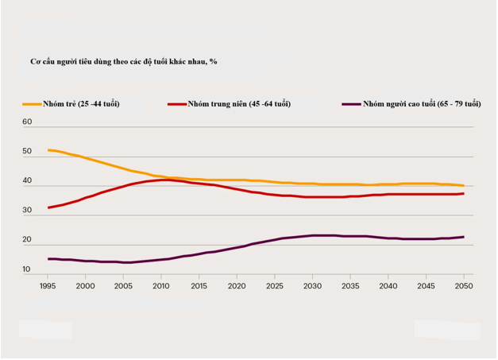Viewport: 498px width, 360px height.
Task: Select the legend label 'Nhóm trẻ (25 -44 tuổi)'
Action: coord(83,104)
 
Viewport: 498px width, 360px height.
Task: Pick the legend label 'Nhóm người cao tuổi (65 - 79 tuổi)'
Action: coord(421,104)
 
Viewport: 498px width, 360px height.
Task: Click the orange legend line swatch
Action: coord(32,104)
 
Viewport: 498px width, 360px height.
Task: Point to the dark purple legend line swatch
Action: coord(349,104)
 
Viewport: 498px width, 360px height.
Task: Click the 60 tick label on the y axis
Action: coord(27,122)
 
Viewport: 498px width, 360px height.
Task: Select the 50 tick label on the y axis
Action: coord(27,152)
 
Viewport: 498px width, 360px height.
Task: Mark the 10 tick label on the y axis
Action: coord(27,270)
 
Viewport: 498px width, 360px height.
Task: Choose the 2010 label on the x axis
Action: coord(160,285)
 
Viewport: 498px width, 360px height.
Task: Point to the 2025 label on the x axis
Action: coord(275,285)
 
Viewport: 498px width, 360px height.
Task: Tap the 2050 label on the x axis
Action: coord(464,285)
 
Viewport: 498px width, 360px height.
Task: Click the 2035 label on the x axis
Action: coord(350,285)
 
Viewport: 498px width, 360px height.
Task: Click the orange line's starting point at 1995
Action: coord(48,150)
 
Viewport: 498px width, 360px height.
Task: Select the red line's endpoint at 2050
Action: coord(464,193)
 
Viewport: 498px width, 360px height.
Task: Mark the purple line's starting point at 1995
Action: coord(48,259)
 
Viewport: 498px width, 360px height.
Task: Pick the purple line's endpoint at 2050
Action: coord(464,237)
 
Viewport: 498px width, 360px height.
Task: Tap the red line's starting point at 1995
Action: coord(48,207)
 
